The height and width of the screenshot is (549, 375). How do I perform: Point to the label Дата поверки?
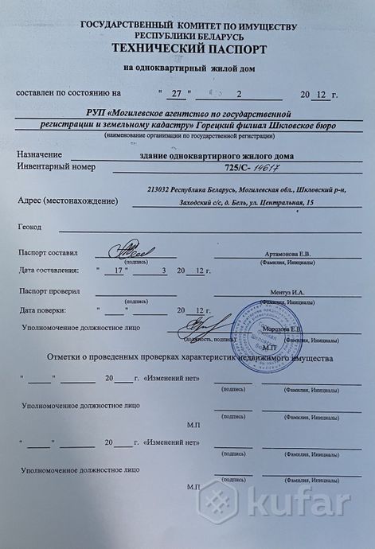[x=49, y=310]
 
